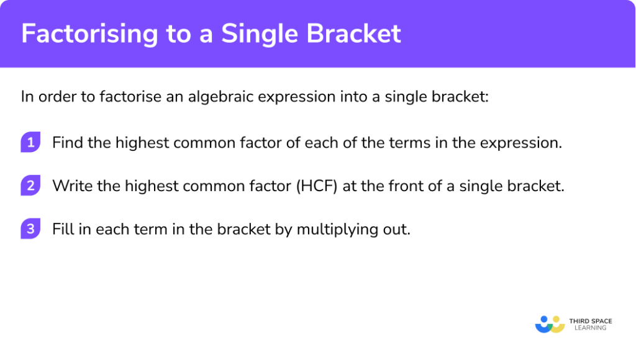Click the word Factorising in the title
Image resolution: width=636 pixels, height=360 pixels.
click(89, 34)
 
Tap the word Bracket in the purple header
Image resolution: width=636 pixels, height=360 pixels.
click(353, 33)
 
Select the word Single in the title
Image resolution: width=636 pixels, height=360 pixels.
click(260, 34)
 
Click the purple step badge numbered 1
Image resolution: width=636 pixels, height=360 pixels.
click(30, 142)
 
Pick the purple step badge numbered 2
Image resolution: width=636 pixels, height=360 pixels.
click(30, 186)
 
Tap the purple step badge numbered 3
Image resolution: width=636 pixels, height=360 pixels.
click(30, 229)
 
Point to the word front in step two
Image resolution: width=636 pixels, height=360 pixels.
click(406, 186)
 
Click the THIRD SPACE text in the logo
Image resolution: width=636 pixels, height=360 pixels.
click(591, 321)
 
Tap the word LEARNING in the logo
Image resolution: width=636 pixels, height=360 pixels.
click(591, 328)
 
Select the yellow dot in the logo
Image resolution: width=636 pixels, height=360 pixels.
click(556, 319)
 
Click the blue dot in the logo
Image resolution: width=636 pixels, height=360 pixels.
click(544, 319)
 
